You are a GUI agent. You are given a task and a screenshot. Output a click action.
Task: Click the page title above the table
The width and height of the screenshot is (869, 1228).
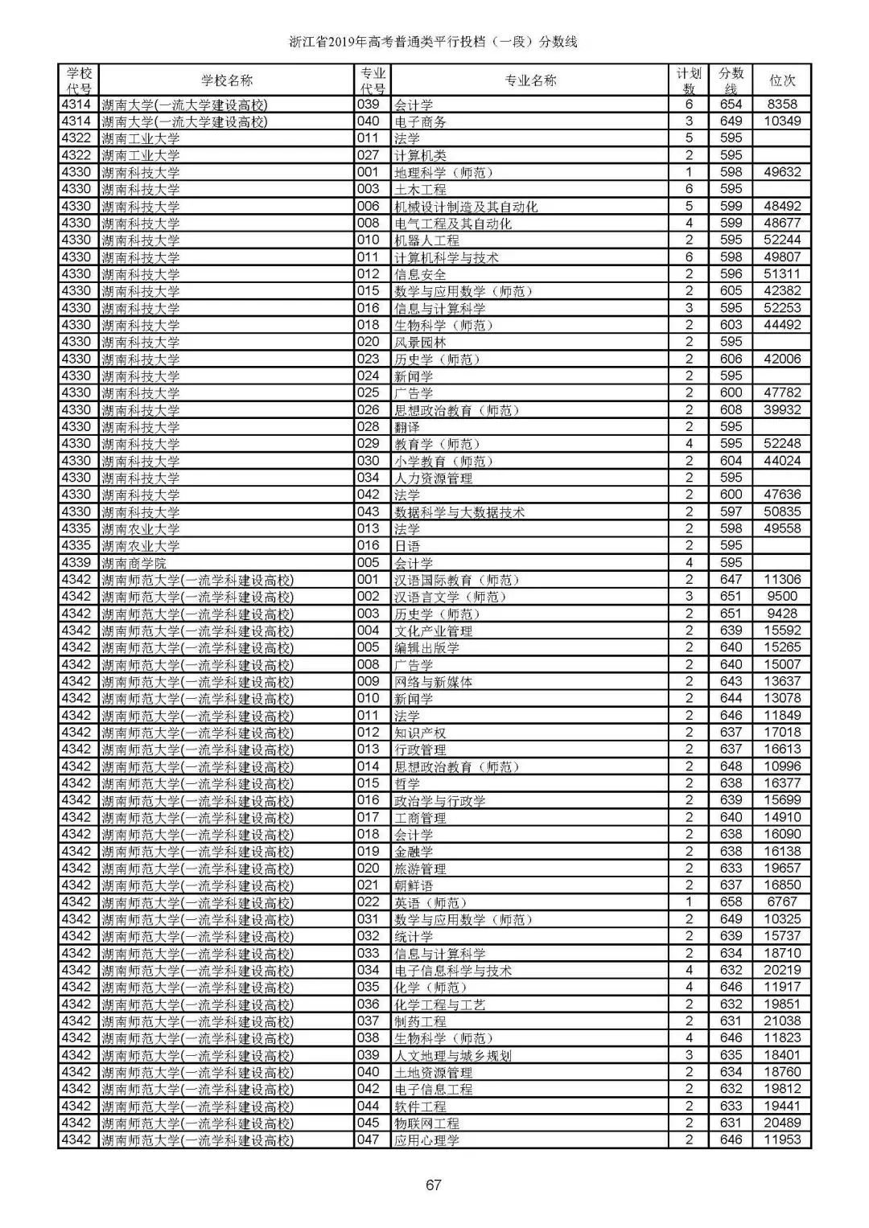point(434,42)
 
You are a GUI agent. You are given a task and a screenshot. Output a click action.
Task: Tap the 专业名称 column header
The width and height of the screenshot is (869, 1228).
point(529,80)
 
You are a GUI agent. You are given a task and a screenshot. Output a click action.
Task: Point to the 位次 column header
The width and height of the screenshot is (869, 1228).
point(782,80)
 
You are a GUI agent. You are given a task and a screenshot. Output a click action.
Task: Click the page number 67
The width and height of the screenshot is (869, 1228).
point(434,1185)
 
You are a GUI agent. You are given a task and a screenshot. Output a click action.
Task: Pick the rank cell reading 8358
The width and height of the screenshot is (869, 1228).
point(782,105)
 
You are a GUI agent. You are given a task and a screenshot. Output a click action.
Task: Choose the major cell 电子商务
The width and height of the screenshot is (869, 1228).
point(421,121)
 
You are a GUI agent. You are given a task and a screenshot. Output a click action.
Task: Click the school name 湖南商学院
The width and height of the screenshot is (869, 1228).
point(134,563)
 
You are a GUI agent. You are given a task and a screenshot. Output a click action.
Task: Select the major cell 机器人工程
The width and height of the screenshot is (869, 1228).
point(427,240)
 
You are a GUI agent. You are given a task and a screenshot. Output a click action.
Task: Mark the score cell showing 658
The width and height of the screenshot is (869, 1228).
point(731,902)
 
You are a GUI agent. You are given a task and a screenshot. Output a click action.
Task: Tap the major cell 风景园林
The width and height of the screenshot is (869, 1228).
point(421,343)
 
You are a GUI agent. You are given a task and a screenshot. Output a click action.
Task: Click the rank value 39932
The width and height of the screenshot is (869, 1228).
point(782,410)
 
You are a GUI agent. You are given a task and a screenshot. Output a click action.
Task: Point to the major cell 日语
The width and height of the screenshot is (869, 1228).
point(408,546)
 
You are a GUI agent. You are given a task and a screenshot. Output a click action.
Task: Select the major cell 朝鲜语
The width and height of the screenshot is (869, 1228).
point(414,885)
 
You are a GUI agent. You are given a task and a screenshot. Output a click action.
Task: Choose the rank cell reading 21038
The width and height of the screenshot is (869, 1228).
point(782,1021)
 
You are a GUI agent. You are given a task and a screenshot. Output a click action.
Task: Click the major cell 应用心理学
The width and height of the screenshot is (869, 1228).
point(427,1140)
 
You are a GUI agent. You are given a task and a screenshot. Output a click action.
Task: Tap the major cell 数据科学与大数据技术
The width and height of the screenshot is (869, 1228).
point(459,512)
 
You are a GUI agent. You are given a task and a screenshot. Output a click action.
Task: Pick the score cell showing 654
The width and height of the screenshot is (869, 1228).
point(731,105)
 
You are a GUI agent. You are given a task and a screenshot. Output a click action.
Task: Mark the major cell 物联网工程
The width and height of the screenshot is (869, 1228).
point(427,1123)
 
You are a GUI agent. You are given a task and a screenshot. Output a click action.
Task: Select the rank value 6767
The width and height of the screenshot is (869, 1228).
point(782,902)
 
